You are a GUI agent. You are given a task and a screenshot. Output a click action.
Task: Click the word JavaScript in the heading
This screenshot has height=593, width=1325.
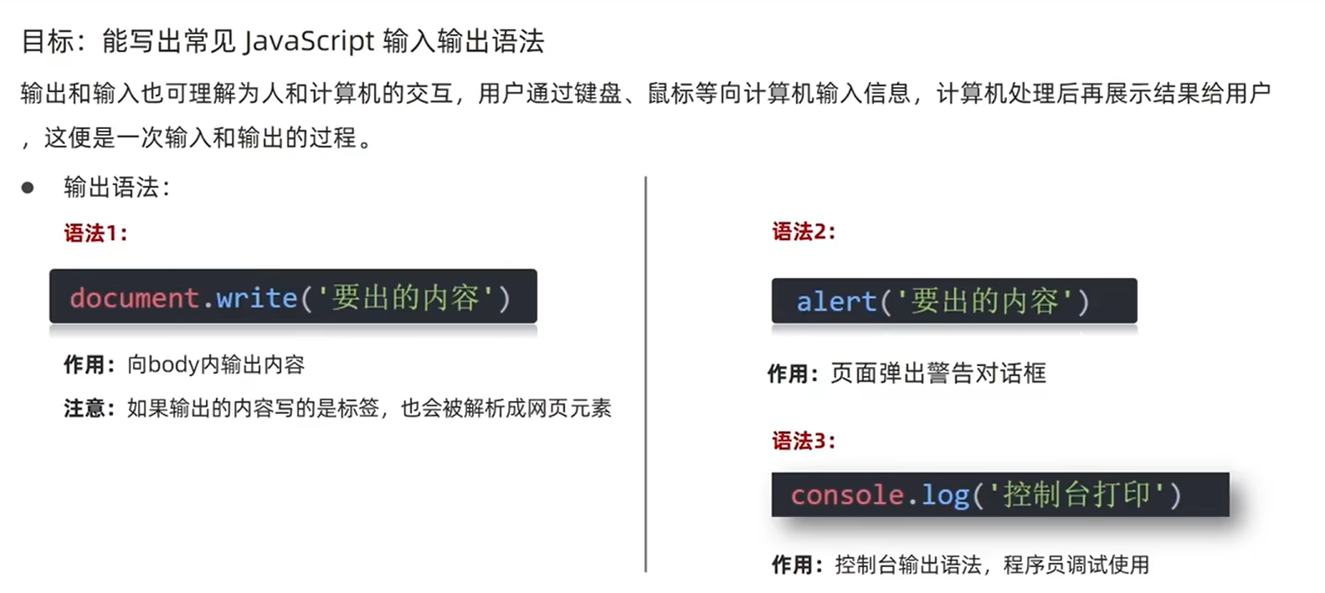click(309, 40)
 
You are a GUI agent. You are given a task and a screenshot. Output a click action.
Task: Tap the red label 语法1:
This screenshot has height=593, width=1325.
click(95, 233)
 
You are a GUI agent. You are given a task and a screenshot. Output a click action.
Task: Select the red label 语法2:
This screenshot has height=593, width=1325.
click(804, 231)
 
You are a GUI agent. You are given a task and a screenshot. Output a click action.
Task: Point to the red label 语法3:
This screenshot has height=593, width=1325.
click(804, 441)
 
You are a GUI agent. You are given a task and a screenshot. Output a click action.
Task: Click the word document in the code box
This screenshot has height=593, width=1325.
click(134, 297)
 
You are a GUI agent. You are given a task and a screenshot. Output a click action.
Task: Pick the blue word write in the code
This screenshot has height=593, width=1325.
click(256, 297)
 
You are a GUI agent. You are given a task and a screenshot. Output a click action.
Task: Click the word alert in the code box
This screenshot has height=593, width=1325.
click(835, 302)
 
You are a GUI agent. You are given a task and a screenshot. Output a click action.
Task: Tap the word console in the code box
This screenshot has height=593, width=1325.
click(846, 495)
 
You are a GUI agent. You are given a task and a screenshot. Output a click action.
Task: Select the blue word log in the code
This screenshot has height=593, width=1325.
click(945, 495)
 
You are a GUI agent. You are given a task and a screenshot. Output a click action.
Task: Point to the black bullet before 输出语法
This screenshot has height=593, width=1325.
click(28, 188)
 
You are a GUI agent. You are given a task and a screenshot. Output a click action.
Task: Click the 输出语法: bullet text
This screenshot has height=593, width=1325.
click(116, 188)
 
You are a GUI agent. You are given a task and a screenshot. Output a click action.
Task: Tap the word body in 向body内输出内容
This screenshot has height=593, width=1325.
click(173, 364)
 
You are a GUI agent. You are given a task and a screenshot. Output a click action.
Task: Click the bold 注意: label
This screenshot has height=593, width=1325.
click(89, 408)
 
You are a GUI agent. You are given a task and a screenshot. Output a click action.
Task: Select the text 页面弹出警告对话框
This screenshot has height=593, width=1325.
click(937, 373)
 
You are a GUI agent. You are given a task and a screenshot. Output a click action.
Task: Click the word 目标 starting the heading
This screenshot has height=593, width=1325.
click(47, 40)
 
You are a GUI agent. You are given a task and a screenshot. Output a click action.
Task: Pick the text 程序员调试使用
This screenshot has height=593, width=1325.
click(1076, 565)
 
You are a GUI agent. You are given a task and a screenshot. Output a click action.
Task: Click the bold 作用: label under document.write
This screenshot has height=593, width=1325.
click(89, 364)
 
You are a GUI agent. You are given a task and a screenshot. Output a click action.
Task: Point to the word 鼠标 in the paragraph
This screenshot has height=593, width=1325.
click(670, 93)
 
